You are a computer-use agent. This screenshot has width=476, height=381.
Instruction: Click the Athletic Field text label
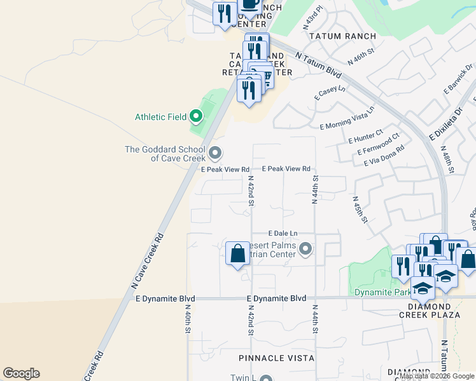coord(160,117)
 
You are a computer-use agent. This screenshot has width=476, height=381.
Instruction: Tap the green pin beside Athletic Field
coord(195,116)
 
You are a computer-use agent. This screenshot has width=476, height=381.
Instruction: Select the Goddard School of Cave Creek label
coord(165,154)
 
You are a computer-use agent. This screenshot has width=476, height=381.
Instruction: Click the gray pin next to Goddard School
coord(215,153)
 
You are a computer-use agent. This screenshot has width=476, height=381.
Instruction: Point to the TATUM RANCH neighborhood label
coord(342,36)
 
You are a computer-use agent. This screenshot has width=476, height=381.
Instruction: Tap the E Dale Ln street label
coord(283,234)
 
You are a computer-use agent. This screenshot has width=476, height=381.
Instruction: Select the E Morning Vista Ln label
coord(347,118)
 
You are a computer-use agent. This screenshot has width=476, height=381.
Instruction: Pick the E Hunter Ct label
coord(365,136)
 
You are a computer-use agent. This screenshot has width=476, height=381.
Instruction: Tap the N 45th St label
coord(360,209)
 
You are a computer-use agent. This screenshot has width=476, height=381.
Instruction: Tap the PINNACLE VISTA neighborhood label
coord(277,358)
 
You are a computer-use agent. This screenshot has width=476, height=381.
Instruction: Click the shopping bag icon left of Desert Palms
coord(237,254)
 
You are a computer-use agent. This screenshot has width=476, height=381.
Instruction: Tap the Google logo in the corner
coord(21,373)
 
